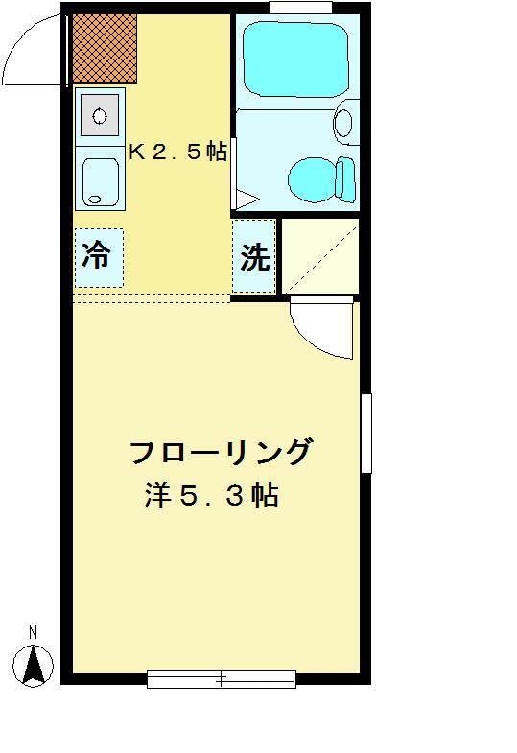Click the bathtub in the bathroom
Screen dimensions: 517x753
[295, 59]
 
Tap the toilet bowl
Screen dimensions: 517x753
[313, 179]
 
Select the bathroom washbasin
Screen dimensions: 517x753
[343, 123]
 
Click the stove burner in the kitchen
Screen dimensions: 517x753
[100, 115]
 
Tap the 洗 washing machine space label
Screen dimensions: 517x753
[254, 257]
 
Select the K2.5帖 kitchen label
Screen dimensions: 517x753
[177, 153]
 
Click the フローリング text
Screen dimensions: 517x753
[222, 453]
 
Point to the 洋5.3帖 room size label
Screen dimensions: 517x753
[212, 496]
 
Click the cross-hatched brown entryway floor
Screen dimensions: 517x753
[106, 49]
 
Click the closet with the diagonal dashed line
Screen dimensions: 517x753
[320, 256]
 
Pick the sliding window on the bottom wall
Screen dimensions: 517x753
[222, 679]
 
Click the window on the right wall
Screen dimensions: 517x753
[366, 434]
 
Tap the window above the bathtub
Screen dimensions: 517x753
[300, 8]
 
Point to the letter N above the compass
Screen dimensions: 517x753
[33, 632]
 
